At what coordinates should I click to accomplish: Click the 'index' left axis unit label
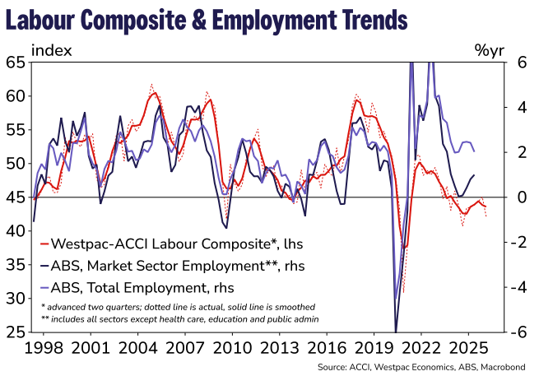[x=51, y=49]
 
